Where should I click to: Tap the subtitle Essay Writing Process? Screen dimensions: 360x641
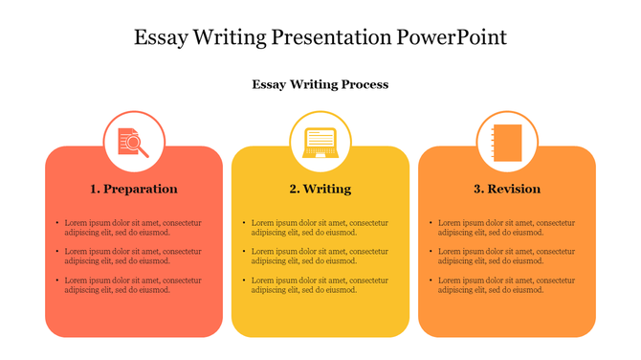click(320, 84)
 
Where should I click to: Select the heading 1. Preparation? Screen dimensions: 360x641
click(134, 189)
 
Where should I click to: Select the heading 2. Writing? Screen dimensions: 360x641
click(320, 189)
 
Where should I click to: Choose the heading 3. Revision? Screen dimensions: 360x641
click(507, 189)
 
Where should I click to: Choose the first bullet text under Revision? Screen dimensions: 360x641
click(506, 227)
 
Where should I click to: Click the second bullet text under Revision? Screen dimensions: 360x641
click(506, 256)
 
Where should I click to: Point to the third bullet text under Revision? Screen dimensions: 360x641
click(506, 284)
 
